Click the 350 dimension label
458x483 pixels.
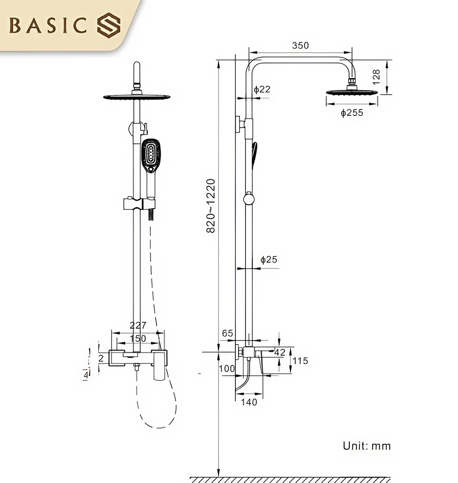(x=300, y=45)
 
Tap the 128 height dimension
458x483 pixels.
(x=376, y=77)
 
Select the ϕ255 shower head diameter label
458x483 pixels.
(x=352, y=112)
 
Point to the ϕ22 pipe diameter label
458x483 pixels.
(x=262, y=89)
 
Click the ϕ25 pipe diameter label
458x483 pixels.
(x=269, y=260)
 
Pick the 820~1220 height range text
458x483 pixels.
(x=211, y=206)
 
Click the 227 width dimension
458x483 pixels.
(x=138, y=325)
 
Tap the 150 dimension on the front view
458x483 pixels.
(x=138, y=338)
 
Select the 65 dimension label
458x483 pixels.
(x=228, y=333)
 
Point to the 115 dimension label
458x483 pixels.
(x=300, y=361)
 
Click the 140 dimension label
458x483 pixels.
(x=249, y=402)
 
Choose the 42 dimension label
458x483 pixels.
(x=279, y=352)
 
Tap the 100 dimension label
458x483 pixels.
(x=227, y=368)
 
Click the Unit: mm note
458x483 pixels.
(x=367, y=445)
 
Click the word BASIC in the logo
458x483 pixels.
(x=49, y=26)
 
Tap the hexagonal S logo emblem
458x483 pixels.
(x=109, y=25)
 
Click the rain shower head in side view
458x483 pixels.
(x=352, y=92)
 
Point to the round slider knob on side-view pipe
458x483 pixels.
(x=248, y=199)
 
